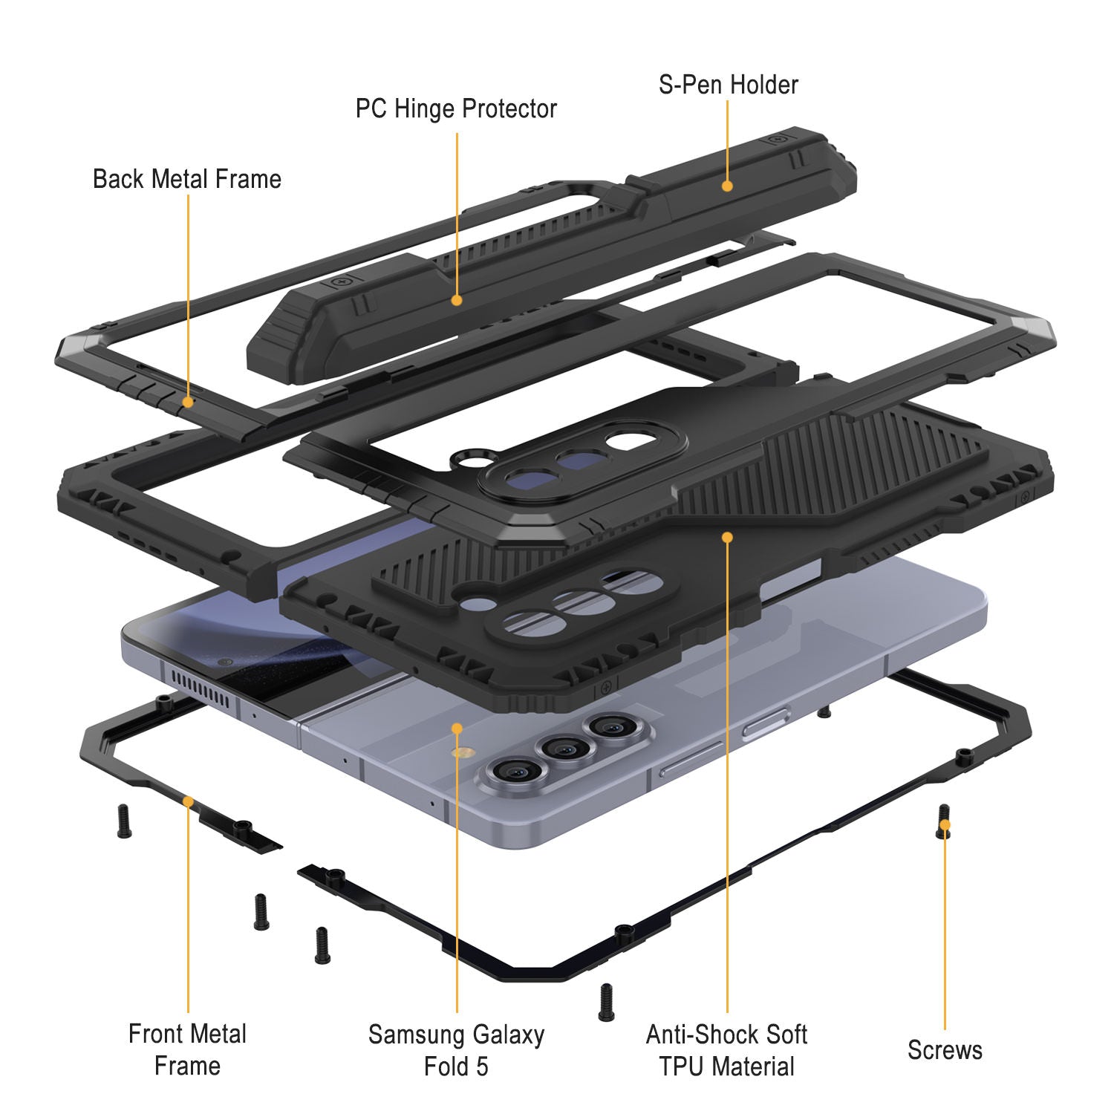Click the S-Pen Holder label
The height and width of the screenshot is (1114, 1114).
point(728,85)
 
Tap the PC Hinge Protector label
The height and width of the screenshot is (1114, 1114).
point(456,109)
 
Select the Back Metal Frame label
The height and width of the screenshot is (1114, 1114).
point(187,179)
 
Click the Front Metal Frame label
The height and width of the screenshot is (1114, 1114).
point(187,1049)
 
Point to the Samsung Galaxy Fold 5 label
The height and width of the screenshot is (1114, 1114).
point(456,1050)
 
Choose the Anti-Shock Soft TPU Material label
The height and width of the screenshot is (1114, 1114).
point(726,1050)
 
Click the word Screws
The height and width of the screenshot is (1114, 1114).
point(945,1050)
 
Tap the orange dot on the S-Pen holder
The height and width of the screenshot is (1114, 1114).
point(727,186)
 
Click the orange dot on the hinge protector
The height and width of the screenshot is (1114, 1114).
point(457,300)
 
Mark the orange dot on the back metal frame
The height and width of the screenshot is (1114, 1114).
point(188,402)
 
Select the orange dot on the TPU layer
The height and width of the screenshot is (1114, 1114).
point(727,536)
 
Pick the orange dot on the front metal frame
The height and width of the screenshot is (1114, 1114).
point(188,801)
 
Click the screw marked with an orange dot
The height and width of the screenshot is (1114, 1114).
point(944,822)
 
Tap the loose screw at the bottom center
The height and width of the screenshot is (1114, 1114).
point(606,1002)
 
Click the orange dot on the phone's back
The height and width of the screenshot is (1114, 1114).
point(457,729)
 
